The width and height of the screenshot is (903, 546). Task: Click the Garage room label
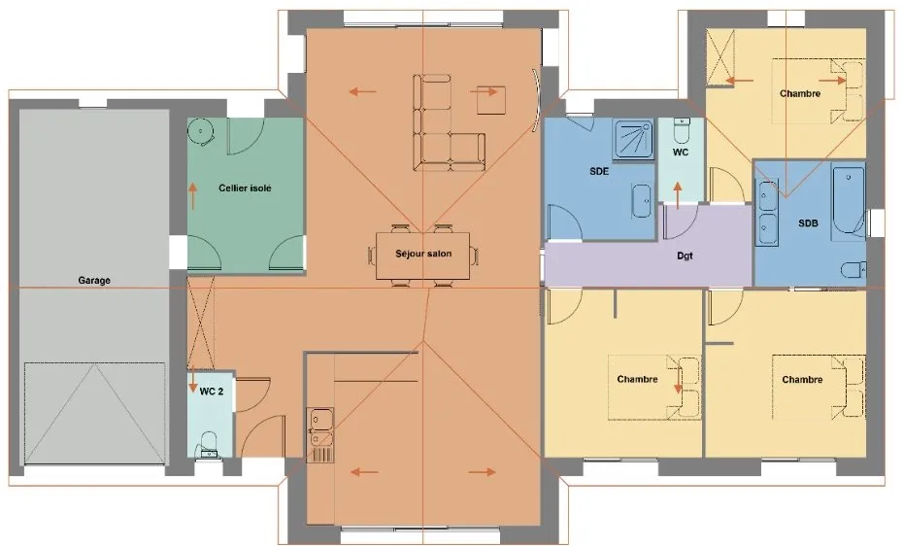pyautogui.click(x=94, y=281)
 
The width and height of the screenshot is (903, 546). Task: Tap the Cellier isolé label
pyautogui.click(x=245, y=188)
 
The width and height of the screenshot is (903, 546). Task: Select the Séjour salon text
pyautogui.click(x=423, y=254)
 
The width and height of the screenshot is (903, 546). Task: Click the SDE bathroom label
pyautogui.click(x=599, y=171)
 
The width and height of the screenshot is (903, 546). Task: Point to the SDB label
pyautogui.click(x=808, y=222)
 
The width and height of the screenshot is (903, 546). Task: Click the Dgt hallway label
pyautogui.click(x=685, y=256)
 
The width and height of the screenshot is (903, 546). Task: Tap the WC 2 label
pyautogui.click(x=212, y=392)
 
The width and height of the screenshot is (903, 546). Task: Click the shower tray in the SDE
pyautogui.click(x=633, y=138)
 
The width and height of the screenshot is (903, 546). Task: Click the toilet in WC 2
pyautogui.click(x=208, y=445)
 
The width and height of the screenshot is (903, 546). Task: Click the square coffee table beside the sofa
pyautogui.click(x=491, y=100)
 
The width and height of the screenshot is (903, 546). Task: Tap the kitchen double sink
pyautogui.click(x=320, y=427)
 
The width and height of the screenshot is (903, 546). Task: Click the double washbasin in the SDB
pyautogui.click(x=766, y=213)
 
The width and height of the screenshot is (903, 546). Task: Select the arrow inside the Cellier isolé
pyautogui.click(x=193, y=196)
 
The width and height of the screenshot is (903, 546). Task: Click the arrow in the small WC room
pyautogui.click(x=678, y=195)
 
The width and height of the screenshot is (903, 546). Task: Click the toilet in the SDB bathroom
pyautogui.click(x=853, y=269)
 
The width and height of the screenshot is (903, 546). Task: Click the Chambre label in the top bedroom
pyautogui.click(x=800, y=93)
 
